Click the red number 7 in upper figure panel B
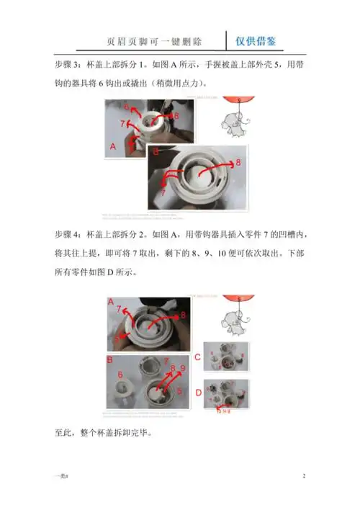(163, 193)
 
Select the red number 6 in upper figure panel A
(126, 107)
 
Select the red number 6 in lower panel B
(120, 375)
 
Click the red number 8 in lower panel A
(183, 315)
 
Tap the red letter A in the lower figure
(110, 301)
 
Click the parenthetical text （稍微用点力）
(173, 82)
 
